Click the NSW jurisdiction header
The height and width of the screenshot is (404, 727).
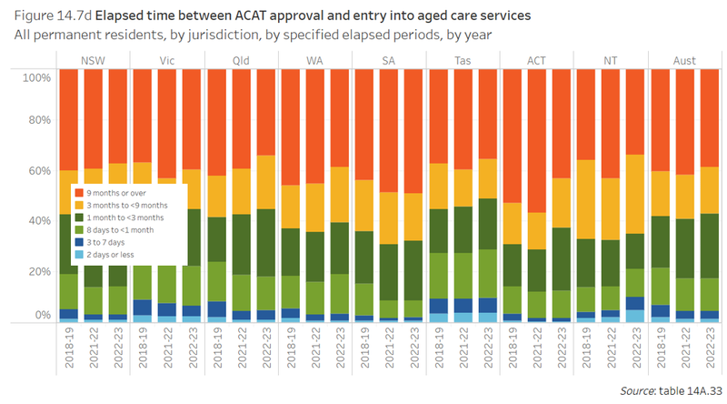coord(93,60)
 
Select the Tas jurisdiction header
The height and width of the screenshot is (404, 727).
coord(462,60)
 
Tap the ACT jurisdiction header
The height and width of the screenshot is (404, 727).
coord(536,60)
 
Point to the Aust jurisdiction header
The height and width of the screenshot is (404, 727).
coord(684,60)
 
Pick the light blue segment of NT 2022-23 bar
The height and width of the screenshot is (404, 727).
coord(636,316)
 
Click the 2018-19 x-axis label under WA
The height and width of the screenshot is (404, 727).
coord(290,355)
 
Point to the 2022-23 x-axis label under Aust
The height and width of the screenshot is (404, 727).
coord(710,355)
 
